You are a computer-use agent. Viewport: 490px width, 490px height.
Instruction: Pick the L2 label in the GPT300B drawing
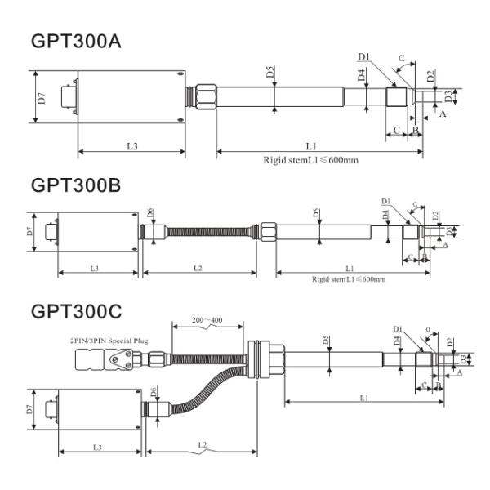click(198, 268)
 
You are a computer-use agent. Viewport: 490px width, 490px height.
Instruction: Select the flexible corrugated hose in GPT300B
click(208, 232)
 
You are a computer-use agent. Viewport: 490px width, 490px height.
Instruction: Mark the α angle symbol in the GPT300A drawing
click(400, 58)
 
